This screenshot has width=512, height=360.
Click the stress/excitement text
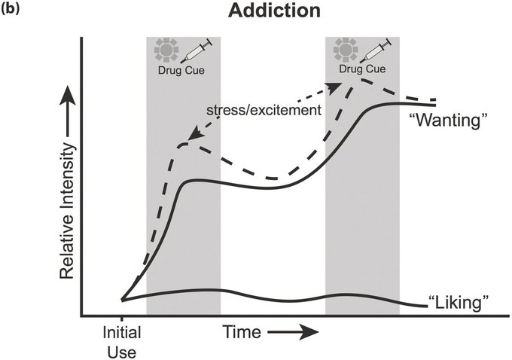click(264, 110)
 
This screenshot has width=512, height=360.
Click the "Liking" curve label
click(459, 304)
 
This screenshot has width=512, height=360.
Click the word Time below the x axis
click(241, 331)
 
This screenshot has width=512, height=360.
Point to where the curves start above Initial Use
click(123, 300)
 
